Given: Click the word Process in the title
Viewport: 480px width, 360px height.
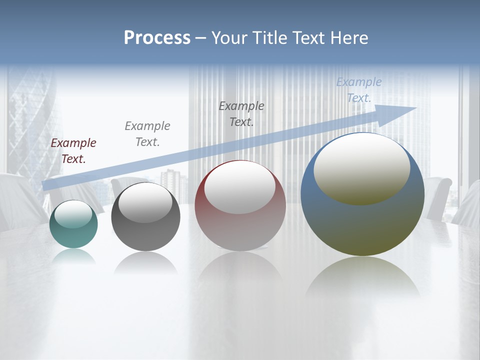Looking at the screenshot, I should coord(157,38).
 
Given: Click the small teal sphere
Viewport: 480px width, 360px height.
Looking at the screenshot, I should coord(73,235).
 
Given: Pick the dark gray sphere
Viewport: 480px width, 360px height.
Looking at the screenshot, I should coord(145,235).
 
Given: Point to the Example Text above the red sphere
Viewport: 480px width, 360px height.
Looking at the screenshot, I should coord(241,113).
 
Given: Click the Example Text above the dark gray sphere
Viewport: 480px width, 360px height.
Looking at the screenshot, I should coord(147,133).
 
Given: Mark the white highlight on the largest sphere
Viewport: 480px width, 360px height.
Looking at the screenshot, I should coord(362,169).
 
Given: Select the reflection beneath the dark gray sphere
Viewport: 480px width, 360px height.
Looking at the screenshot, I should coord(145,262).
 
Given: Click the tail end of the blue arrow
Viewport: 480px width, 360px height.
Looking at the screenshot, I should coord(46,185).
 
